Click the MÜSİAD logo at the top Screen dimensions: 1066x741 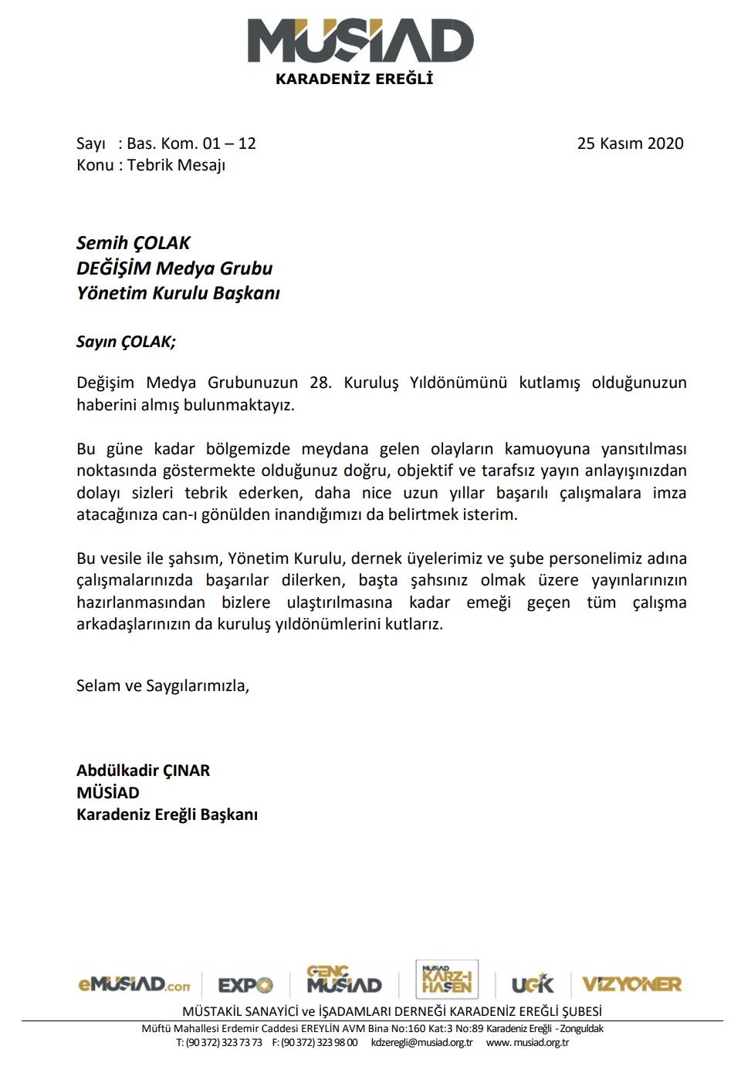(x=360, y=42)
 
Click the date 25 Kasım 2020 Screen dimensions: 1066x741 (x=630, y=143)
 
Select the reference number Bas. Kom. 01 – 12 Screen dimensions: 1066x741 (x=191, y=143)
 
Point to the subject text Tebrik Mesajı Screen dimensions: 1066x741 (x=176, y=165)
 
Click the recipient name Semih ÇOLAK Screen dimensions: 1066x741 (x=133, y=243)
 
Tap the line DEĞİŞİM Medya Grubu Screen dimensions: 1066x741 (x=174, y=268)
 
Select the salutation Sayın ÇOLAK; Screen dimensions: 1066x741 (x=126, y=342)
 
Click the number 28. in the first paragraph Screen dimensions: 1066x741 (x=320, y=383)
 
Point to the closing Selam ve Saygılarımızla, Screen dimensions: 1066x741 (x=162, y=686)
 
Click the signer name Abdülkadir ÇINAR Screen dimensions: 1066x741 (x=143, y=771)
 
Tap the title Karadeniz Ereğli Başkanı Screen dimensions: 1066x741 (x=167, y=815)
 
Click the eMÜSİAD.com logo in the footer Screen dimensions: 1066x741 (x=134, y=984)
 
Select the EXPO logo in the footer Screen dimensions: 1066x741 (x=245, y=985)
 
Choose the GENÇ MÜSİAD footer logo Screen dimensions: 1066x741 (x=343, y=980)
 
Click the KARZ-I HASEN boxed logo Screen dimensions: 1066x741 (x=447, y=980)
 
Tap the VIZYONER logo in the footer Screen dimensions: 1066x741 (x=631, y=984)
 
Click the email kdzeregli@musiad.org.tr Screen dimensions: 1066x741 (x=421, y=1042)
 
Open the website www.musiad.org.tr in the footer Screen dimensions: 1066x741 (x=527, y=1042)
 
